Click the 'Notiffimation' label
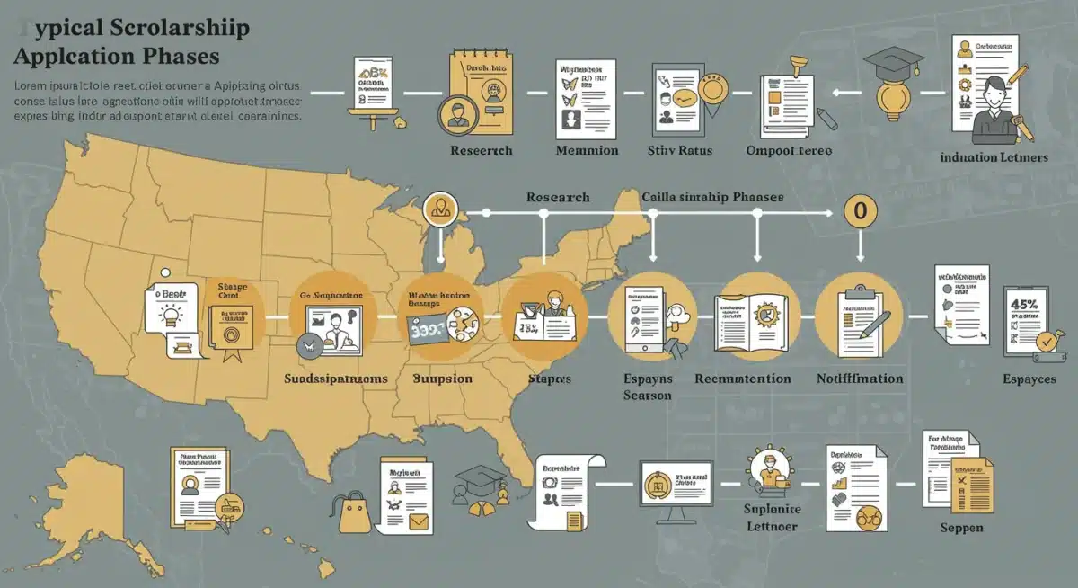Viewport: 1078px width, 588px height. [x=859, y=379]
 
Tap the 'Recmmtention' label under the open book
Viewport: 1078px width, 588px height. [x=743, y=379]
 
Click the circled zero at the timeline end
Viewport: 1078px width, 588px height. [x=860, y=212]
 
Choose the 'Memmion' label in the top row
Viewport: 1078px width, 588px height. [x=587, y=150]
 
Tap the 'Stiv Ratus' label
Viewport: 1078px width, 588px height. [x=679, y=150]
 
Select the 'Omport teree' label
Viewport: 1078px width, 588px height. [x=789, y=150]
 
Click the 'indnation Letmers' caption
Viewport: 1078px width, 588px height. [x=994, y=157]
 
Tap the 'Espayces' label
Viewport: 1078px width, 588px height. [x=1029, y=379]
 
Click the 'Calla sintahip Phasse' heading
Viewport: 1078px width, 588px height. [x=712, y=196]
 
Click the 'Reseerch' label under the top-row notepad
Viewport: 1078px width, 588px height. [x=482, y=150]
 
